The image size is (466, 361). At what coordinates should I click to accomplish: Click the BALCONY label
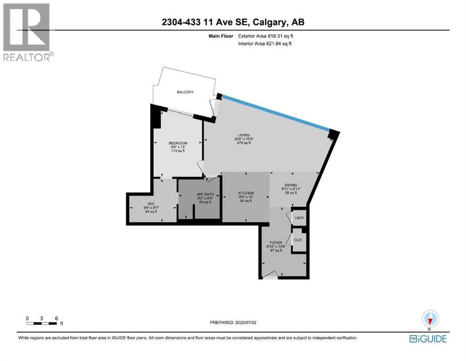(185, 92)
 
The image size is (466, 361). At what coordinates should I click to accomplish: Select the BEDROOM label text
(178, 143)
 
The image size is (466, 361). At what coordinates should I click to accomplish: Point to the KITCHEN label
(246, 193)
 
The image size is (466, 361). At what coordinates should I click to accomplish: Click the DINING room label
(291, 185)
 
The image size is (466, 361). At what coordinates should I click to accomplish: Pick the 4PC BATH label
(206, 194)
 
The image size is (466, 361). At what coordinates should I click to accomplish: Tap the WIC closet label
(151, 204)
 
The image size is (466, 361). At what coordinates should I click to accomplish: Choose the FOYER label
(276, 243)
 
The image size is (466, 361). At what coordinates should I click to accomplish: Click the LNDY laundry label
(299, 218)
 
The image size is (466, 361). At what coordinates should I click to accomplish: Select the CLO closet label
(298, 240)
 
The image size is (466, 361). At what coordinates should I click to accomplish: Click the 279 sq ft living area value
(244, 143)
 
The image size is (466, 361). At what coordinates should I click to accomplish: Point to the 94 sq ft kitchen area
(246, 201)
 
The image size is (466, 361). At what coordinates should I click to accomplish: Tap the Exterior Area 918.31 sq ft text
(266, 36)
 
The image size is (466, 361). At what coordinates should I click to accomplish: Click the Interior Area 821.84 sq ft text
(265, 44)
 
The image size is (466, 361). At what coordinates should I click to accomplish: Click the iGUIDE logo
(428, 339)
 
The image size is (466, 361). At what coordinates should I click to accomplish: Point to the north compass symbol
(430, 319)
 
